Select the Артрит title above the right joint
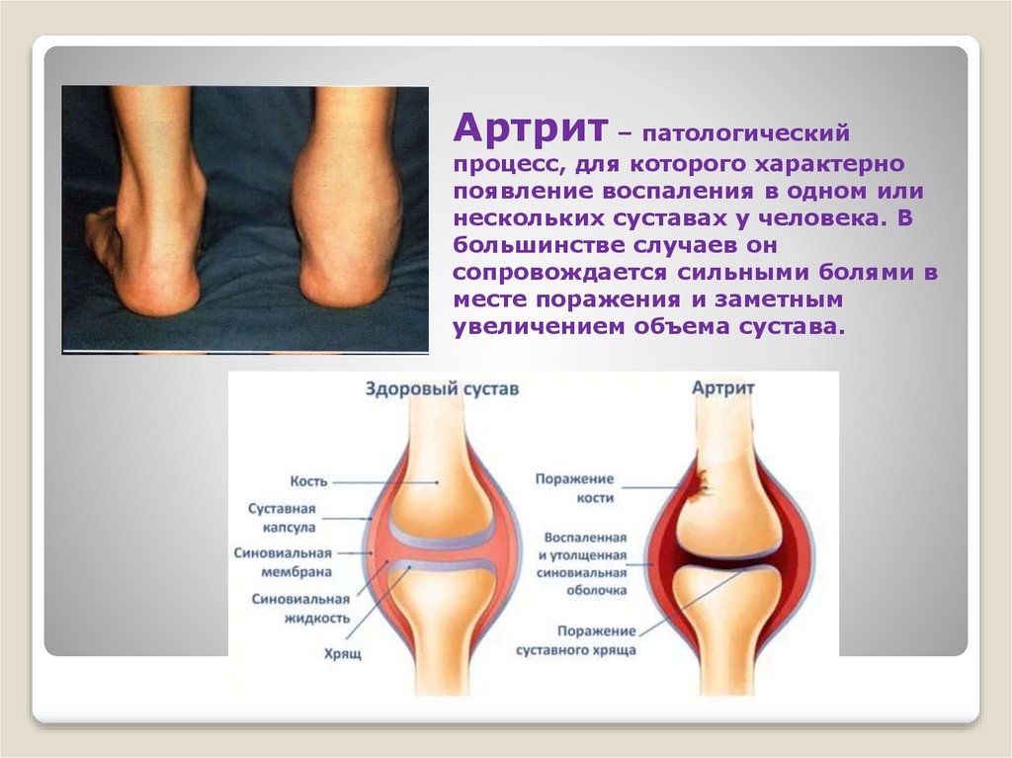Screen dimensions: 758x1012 pos(722,387)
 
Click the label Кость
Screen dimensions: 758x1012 pos(308,481)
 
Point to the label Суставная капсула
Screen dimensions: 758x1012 pos(283,518)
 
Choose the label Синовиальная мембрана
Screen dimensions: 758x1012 pos(283,562)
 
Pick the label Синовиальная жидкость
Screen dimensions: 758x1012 pos(300,608)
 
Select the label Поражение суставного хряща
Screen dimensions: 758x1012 pos(575,640)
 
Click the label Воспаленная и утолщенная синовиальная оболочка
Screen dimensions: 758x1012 pos(585,563)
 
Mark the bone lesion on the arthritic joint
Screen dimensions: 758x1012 pos(701,480)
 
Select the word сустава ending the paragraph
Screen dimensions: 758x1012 pos(797,327)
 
